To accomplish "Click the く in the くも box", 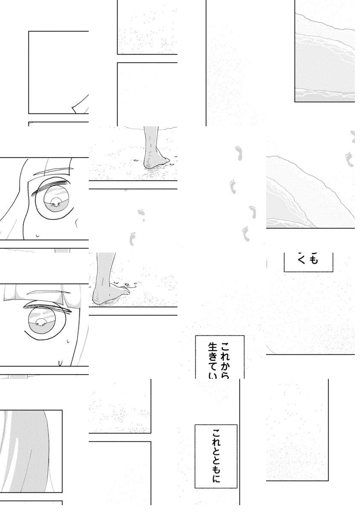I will coord(302,259).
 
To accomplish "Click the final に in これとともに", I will coord(216,479).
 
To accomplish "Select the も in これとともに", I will coord(216,467).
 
